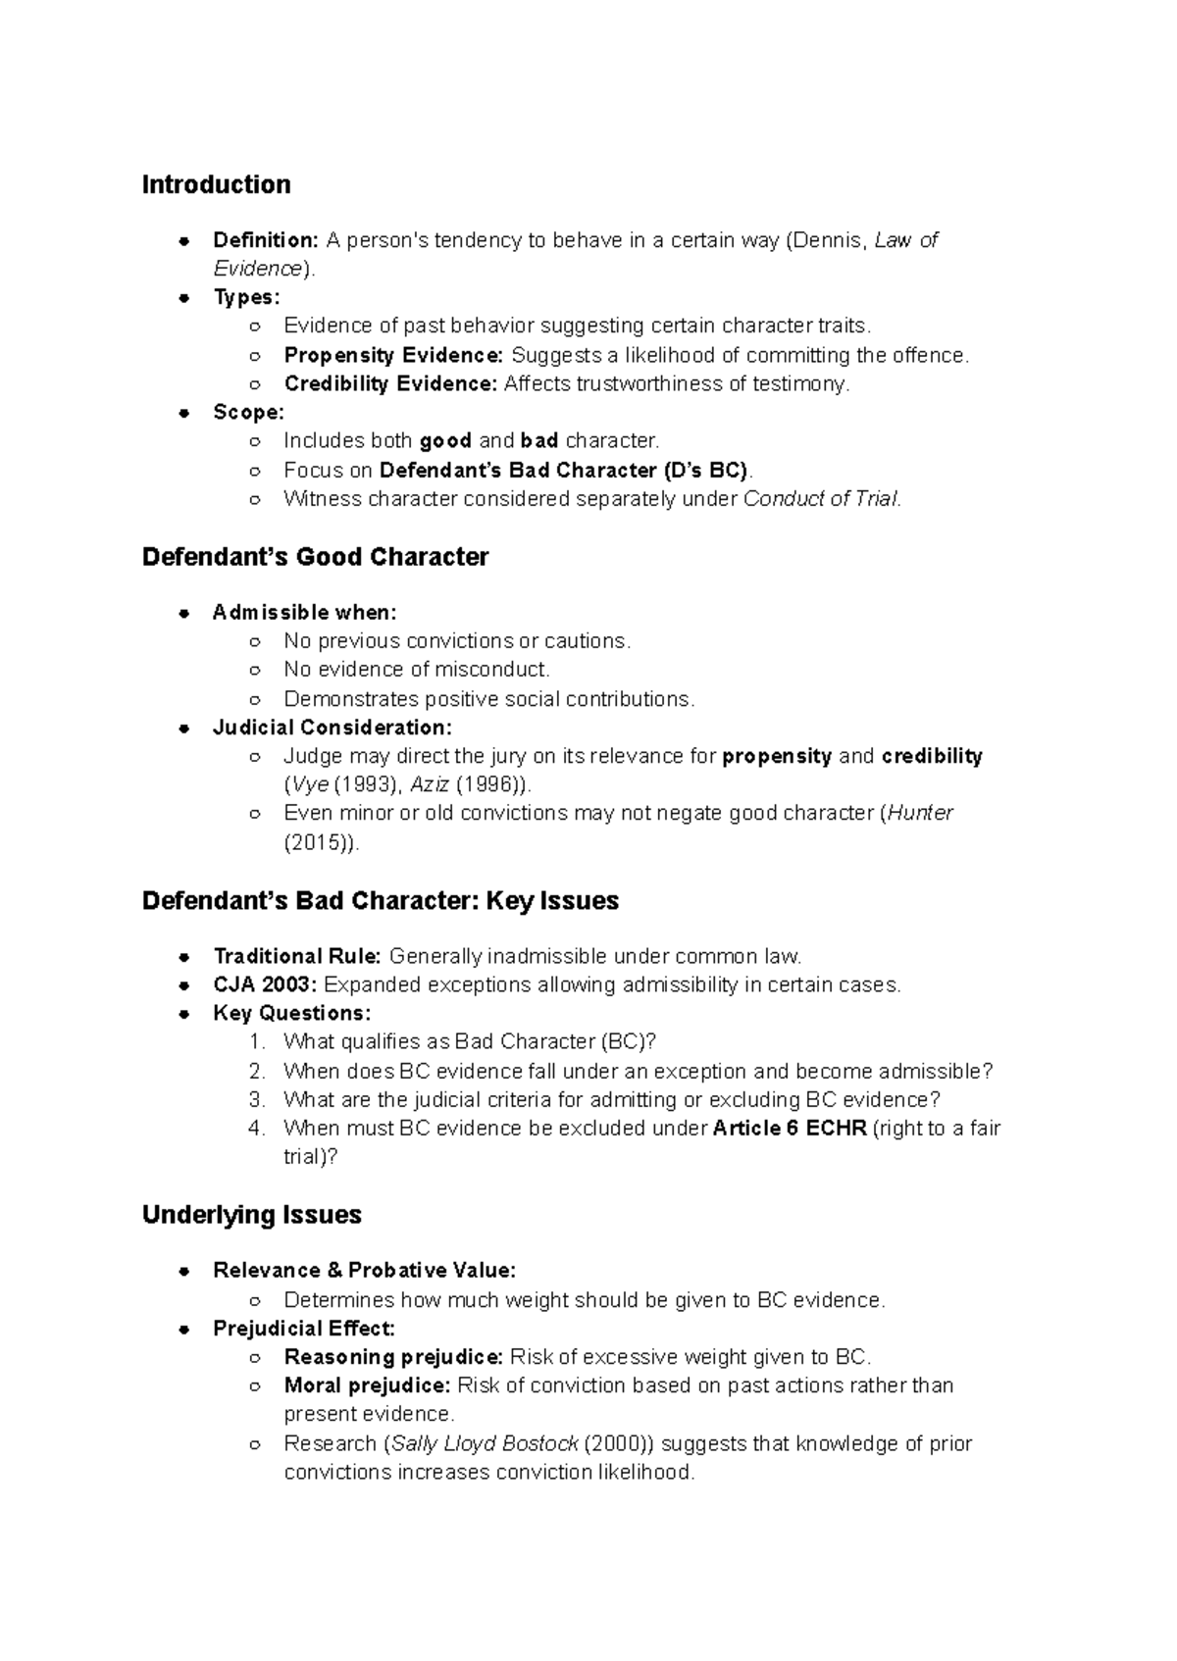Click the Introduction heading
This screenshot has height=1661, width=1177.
click(x=216, y=184)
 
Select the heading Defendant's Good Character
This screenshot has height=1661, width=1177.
click(x=315, y=557)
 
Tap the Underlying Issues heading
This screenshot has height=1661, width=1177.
click(x=251, y=1215)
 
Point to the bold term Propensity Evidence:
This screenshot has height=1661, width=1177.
click(x=393, y=355)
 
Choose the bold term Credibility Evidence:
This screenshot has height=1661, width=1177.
click(x=390, y=383)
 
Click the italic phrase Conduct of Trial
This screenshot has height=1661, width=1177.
click(x=820, y=498)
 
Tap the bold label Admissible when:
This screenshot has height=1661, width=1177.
click(x=304, y=613)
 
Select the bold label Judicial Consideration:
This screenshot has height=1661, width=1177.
click(x=332, y=728)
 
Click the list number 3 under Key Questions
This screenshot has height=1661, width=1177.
click(x=257, y=1099)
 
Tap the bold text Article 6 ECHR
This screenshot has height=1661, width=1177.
click(x=790, y=1128)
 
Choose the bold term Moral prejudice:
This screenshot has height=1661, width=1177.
click(x=367, y=1385)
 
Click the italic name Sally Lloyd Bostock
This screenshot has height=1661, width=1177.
click(x=485, y=1443)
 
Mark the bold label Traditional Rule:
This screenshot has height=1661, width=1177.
click(x=297, y=956)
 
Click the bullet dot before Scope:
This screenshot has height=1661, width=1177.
click(x=183, y=413)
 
